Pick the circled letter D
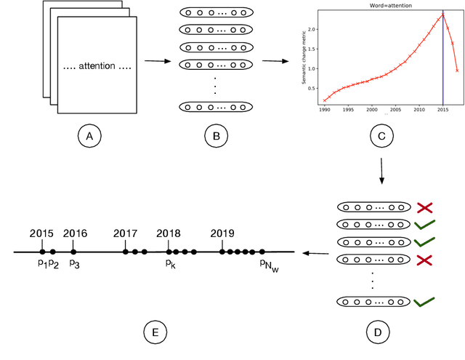point(376,333)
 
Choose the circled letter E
point(154,333)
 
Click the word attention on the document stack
point(98,66)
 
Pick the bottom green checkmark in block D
point(425,300)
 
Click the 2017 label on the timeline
point(125,233)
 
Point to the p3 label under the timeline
point(74,264)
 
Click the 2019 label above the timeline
point(222,233)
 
